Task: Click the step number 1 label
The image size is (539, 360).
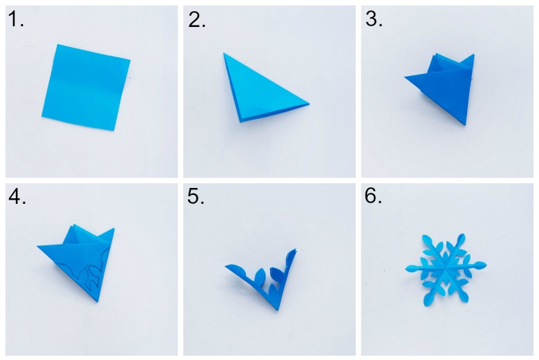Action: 16,19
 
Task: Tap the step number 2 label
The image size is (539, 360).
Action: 197,19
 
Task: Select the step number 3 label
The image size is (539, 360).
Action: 374,19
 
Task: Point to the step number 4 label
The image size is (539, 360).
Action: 17,197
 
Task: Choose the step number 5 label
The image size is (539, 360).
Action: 196,197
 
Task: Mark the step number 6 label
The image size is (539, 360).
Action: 373,196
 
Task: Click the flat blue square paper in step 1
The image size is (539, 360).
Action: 86,87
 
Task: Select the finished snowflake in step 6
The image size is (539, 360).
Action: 446,269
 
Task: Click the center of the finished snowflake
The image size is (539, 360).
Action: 446,267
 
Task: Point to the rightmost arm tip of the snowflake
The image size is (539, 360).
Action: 486,265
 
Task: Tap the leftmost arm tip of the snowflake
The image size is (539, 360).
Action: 406,268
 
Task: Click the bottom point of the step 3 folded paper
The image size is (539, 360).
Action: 465,124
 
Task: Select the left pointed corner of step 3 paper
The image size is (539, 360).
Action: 405,77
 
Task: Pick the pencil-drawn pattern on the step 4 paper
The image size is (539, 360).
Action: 84,272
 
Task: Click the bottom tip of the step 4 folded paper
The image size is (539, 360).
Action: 97,301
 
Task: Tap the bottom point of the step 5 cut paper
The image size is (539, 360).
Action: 277,309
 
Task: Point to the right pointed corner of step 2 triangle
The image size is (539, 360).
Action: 309,104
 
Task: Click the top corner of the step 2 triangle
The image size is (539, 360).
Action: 224,53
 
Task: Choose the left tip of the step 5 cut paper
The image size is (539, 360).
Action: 226,266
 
